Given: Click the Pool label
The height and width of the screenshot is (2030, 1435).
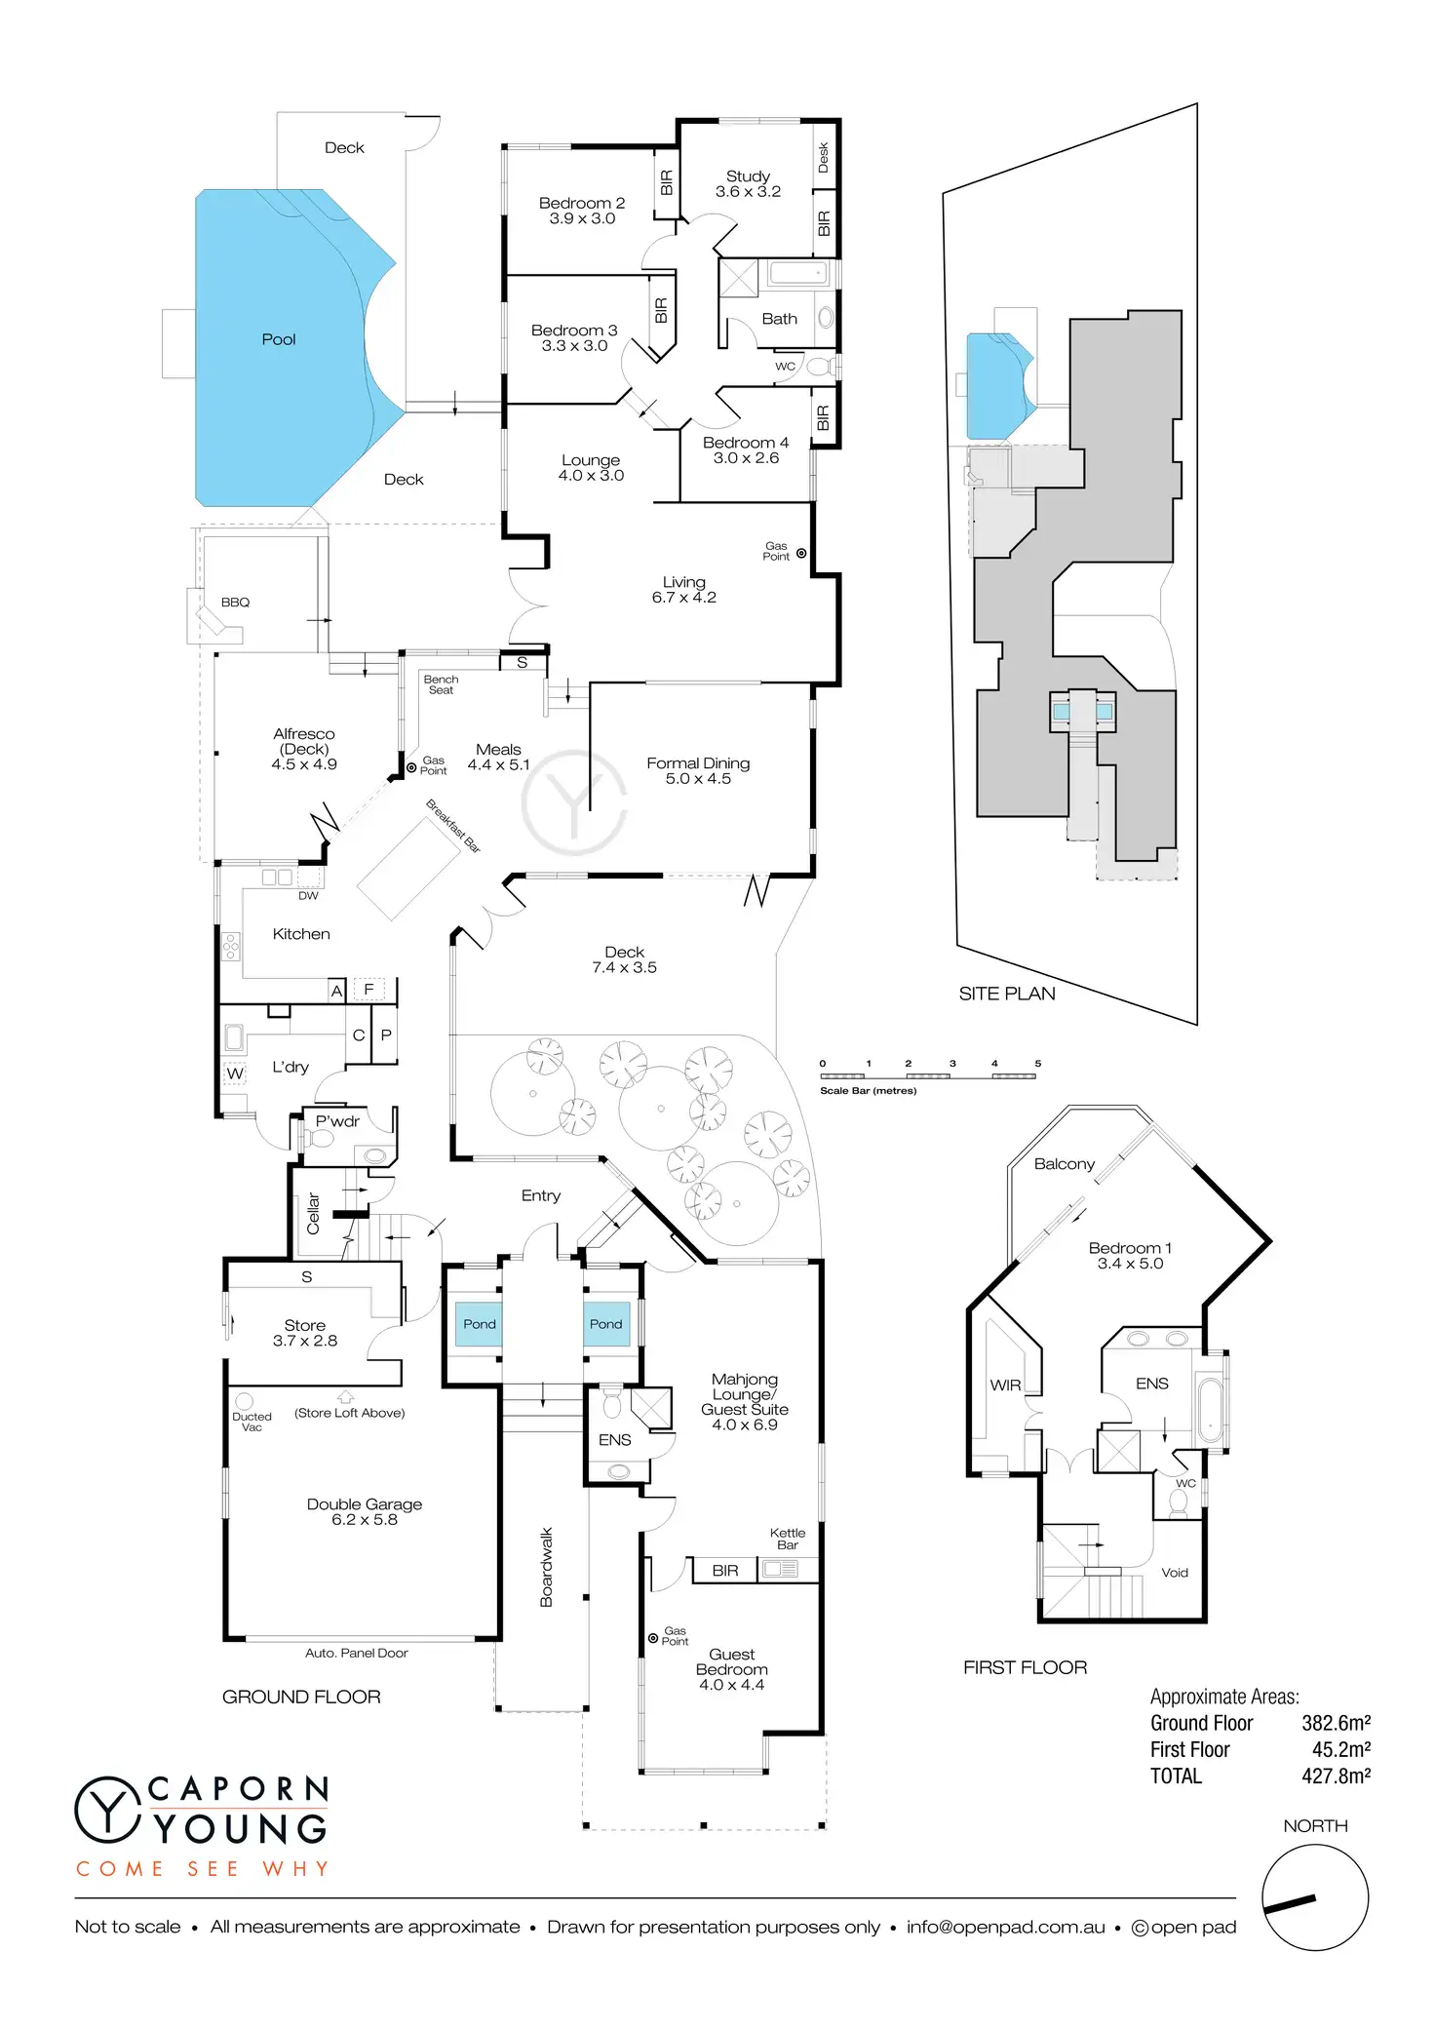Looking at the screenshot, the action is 279,339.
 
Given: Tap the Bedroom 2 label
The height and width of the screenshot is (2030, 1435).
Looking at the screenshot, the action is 582,211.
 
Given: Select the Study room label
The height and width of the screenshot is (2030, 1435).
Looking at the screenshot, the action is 748,183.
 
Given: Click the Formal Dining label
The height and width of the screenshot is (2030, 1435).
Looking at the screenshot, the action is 698,770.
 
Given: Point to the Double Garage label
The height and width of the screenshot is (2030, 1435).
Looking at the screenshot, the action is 365,1511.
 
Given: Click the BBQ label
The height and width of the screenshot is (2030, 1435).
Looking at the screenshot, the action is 235,603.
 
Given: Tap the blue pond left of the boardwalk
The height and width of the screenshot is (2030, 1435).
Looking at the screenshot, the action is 480,1324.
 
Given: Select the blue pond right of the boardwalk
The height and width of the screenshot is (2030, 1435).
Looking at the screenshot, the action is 606,1324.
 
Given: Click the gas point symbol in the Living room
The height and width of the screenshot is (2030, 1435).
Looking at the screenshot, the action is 801,553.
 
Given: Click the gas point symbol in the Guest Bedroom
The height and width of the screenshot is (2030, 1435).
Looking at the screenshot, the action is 653,1638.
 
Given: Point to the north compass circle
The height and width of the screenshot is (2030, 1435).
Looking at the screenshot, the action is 1315,1897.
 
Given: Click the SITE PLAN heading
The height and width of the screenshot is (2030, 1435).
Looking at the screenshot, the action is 1007,994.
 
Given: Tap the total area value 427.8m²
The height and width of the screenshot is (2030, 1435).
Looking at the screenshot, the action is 1336,1776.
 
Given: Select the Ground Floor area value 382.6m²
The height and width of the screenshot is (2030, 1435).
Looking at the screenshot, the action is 1336,1723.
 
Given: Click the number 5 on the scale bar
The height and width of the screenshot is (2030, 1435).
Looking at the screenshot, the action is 1037,1064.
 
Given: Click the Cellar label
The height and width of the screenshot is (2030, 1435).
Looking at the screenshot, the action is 314,1214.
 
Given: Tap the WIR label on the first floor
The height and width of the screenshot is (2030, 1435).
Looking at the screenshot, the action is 1005,1385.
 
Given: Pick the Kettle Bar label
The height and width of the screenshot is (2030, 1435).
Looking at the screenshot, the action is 788,1539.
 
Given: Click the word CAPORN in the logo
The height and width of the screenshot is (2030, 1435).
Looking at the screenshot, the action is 239,1789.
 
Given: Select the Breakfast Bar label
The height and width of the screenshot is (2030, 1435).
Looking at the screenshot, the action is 453,826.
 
